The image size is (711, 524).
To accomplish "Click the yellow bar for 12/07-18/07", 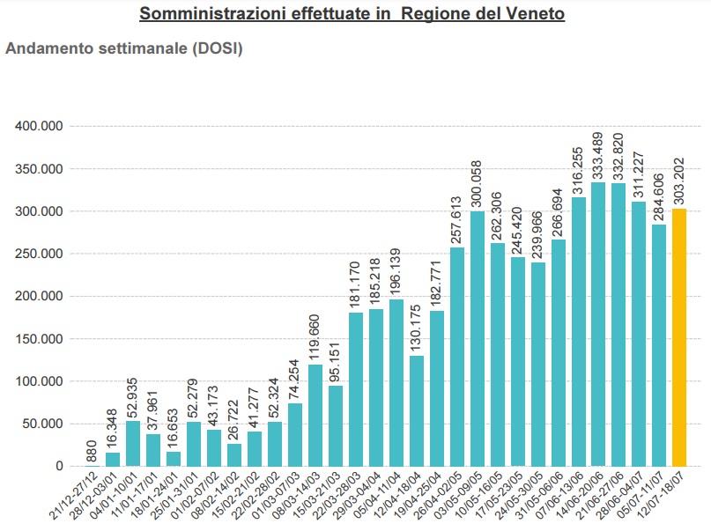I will point(678,337).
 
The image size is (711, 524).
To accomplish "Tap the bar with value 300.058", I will point(478,339).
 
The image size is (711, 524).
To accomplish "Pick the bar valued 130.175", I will point(417,410).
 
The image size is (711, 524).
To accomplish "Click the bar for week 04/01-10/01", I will point(132,443).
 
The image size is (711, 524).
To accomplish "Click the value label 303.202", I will point(679,180).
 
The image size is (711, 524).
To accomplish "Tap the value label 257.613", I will point(457,219).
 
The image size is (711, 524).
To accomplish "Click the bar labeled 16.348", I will point(113,459).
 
